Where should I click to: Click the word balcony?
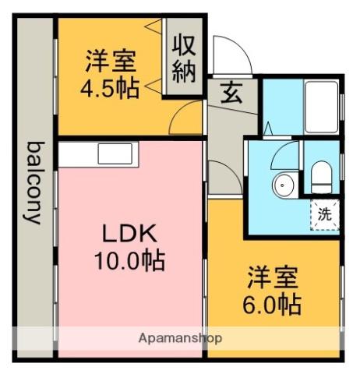click(x=33, y=182)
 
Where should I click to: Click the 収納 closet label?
click(x=185, y=58)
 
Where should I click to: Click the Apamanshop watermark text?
click(x=180, y=338)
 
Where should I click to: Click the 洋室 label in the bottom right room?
click(x=272, y=277)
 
